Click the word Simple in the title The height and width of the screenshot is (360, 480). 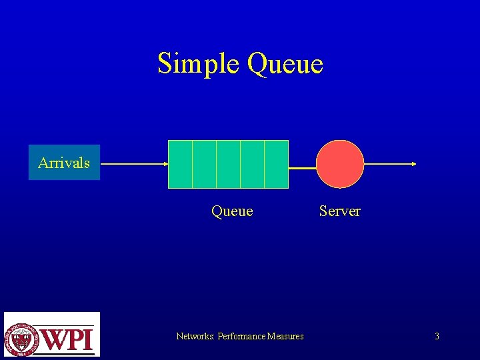point(199,64)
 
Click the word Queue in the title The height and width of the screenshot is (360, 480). point(285,64)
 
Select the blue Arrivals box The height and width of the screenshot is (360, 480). point(64,163)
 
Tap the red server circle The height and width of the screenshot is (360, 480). point(340,164)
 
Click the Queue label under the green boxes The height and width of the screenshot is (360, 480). point(232,211)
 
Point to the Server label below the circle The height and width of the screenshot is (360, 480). point(339,211)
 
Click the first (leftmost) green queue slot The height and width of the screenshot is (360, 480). point(180,164)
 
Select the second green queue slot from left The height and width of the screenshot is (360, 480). point(204,164)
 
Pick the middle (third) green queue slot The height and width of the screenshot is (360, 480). point(228,164)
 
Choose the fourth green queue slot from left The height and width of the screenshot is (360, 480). point(252,164)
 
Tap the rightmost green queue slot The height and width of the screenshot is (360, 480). point(277,164)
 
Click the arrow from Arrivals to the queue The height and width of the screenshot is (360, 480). point(133,163)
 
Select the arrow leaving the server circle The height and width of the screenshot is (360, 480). point(391,163)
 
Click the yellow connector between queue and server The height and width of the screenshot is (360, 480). point(302,168)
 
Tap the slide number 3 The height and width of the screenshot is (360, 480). point(437,336)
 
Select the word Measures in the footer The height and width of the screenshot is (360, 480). point(285,336)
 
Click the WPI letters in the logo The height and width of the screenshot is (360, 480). point(68,339)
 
